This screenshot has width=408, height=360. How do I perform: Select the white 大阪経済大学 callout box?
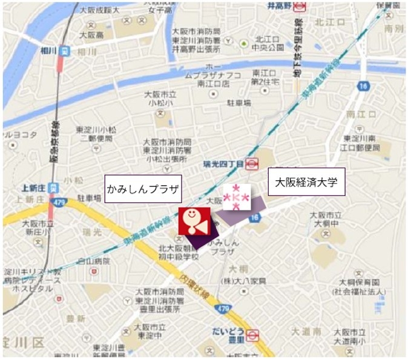(x=306, y=182)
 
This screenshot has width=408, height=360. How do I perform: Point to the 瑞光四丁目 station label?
(x=223, y=163)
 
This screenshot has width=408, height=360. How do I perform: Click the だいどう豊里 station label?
(x=228, y=332)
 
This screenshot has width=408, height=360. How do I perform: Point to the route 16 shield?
(x=363, y=87)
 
